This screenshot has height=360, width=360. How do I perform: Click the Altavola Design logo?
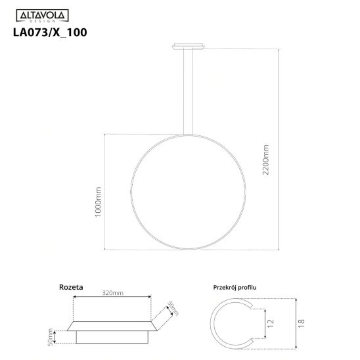42,16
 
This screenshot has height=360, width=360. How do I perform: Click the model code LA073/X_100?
50,32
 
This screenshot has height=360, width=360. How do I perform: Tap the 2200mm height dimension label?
265,160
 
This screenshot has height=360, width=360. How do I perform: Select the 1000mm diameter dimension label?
98,202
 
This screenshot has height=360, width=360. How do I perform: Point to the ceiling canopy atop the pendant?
189,46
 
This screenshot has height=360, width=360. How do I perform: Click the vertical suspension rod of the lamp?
189,92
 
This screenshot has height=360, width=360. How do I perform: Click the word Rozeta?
71,287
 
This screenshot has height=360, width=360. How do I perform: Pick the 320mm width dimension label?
113,293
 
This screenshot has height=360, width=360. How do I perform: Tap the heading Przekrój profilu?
235,288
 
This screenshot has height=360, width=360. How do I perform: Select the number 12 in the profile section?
271,323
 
